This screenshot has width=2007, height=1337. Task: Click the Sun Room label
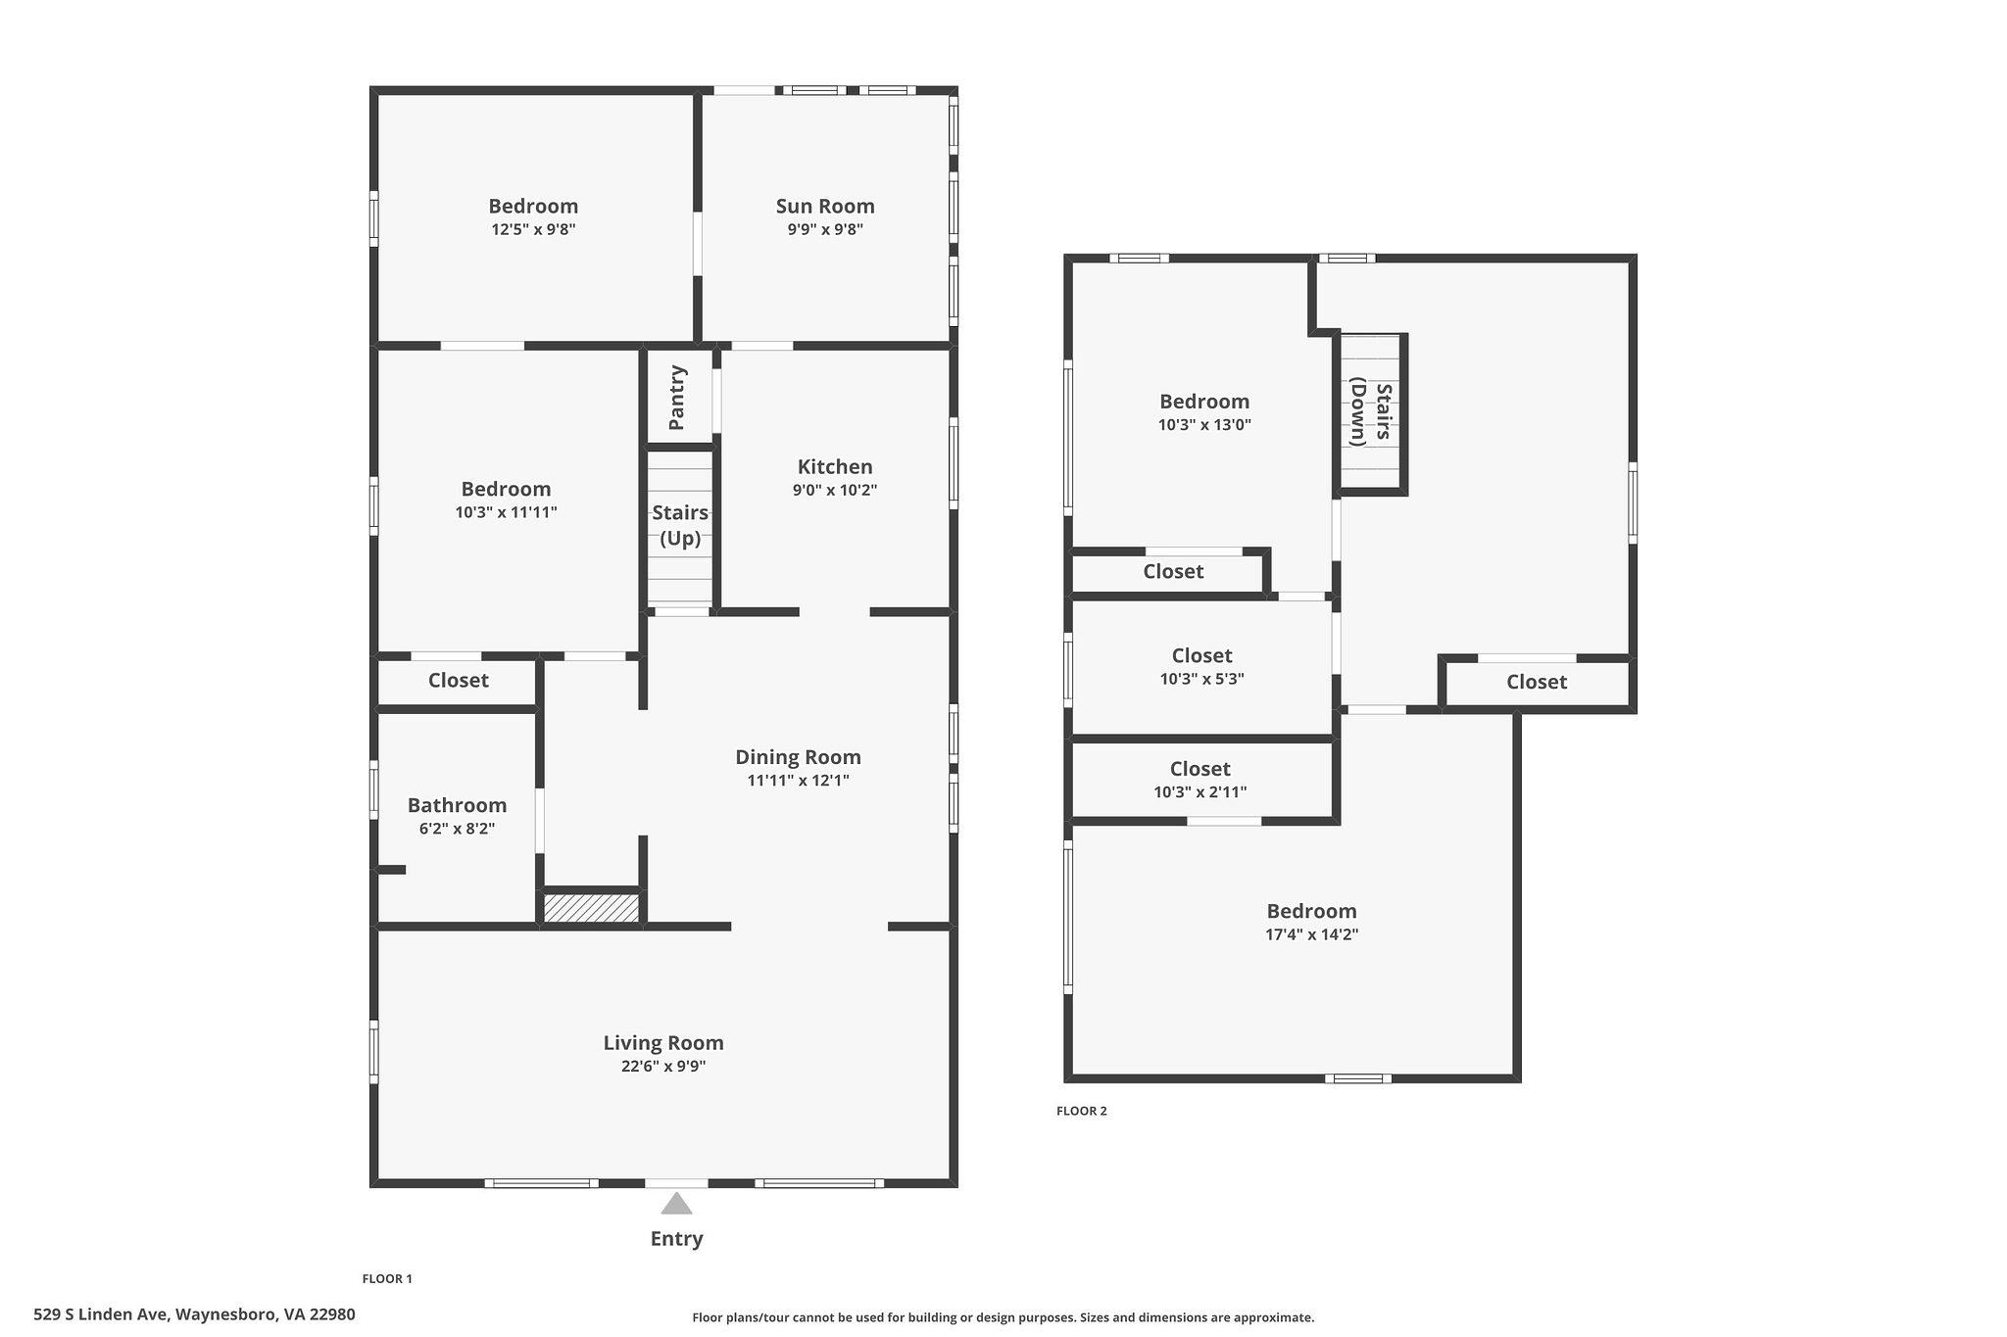coord(825,206)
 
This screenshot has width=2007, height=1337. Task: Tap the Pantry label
coord(677,398)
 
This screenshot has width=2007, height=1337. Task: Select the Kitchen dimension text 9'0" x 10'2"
coord(835,491)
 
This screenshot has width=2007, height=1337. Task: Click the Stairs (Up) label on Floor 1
coord(680,525)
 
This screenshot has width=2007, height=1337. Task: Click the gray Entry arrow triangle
coord(676,1203)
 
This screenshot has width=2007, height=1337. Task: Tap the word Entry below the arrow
coord(676,1239)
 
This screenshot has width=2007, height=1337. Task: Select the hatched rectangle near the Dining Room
coord(592,908)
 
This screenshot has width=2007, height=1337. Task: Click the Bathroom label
coord(457,805)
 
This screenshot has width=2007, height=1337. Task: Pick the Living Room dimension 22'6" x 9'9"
coord(663,1067)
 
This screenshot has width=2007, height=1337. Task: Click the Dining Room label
coord(798,757)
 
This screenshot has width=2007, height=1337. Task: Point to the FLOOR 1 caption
coord(387,1279)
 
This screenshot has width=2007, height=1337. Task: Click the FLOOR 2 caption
coord(1082,1111)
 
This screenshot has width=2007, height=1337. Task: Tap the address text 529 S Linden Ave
coord(103,1314)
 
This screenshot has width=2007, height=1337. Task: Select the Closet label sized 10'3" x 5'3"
coord(1201,656)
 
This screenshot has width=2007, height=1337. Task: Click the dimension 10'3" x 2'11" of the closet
coord(1200,792)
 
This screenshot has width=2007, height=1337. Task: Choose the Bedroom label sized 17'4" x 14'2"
coord(1311,911)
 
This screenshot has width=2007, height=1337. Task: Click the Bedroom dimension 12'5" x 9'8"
coord(533,230)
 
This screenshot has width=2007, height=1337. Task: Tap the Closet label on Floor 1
coord(458,681)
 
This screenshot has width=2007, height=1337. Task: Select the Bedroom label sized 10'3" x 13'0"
coord(1204,402)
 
